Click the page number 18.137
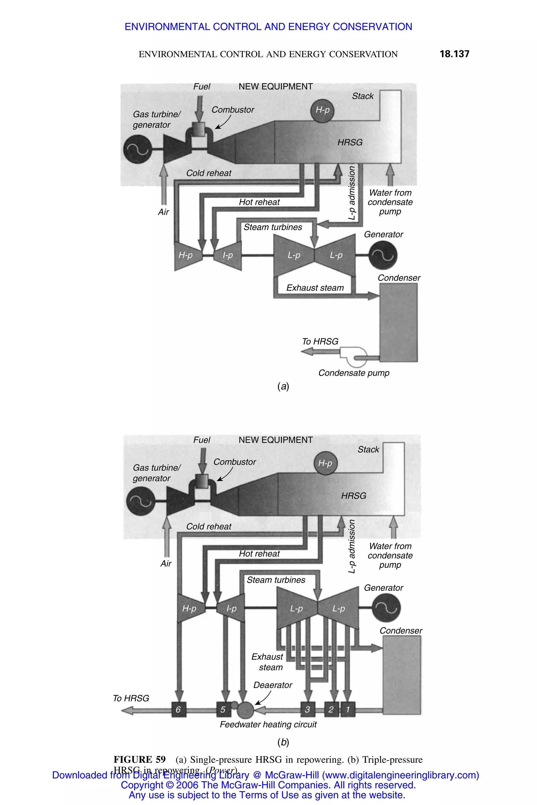(454, 54)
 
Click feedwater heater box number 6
(178, 710)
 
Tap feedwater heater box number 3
(308, 710)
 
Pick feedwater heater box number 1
(348, 710)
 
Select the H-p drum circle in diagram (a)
(322, 110)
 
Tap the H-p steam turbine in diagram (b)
(190, 608)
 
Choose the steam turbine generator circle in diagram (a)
(383, 255)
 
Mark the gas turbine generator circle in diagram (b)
(141, 501)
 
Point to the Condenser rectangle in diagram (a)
(398, 322)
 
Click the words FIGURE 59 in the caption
(140, 759)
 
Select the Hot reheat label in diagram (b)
(259, 553)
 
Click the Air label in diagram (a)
(163, 212)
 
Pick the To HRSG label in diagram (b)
(131, 698)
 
